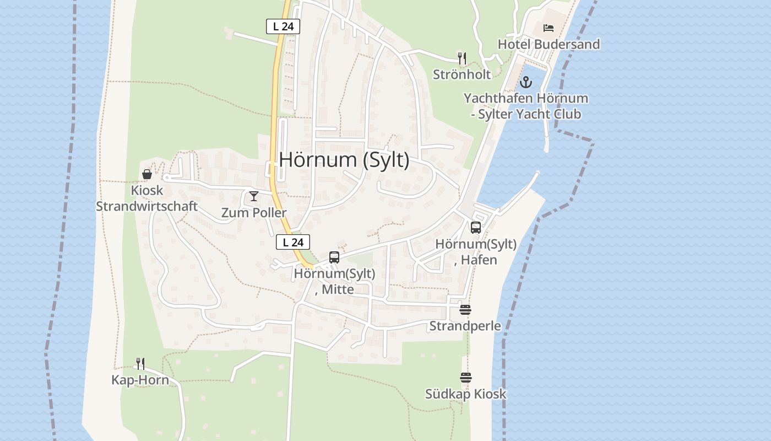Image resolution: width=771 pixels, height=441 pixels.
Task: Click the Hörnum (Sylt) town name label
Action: [344, 160]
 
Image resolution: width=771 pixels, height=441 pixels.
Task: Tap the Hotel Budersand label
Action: [549, 44]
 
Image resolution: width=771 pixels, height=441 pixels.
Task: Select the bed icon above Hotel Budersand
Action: [548, 28]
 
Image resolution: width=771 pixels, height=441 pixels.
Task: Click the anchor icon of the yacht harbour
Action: [526, 83]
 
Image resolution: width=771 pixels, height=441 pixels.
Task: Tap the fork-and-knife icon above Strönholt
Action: [462, 57]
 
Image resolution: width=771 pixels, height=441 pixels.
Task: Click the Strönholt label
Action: [461, 74]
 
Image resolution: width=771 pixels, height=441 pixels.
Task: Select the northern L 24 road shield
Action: [283, 26]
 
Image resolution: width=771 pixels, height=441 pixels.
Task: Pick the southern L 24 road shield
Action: [293, 242]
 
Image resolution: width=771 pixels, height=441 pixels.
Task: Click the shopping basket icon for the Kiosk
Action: [147, 174]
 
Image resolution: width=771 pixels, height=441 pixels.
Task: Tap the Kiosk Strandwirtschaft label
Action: [147, 198]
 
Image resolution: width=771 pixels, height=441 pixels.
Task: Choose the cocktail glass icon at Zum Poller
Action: [253, 196]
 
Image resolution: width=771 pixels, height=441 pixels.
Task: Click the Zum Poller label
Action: [254, 213]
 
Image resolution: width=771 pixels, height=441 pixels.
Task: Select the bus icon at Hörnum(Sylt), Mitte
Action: [334, 257]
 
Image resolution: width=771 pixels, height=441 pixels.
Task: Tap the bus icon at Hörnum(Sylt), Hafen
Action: [476, 227]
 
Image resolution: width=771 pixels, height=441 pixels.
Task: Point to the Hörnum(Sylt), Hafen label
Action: [476, 252]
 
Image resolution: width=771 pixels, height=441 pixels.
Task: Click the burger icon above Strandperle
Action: [465, 310]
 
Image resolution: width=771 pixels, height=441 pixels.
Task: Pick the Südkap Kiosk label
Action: [465, 394]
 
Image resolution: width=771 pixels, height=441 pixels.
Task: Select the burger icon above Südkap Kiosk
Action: [466, 378]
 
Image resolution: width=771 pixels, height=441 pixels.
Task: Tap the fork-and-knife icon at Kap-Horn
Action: [140, 363]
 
